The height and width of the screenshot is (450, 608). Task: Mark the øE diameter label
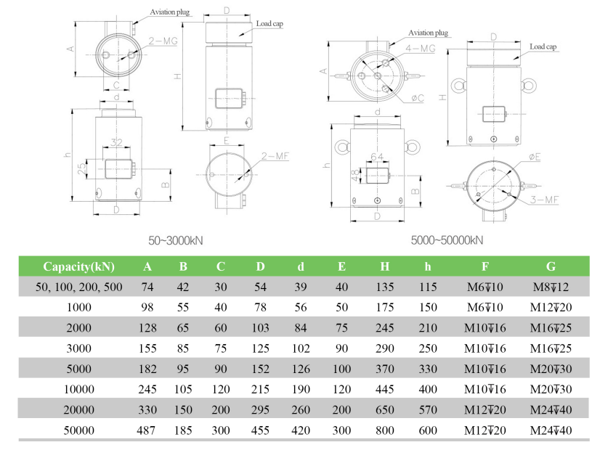click(535, 157)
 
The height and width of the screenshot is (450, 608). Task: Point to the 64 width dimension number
click(377, 156)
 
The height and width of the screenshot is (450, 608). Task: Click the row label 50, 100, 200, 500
click(78, 287)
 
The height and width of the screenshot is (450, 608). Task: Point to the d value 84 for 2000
click(300, 329)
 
